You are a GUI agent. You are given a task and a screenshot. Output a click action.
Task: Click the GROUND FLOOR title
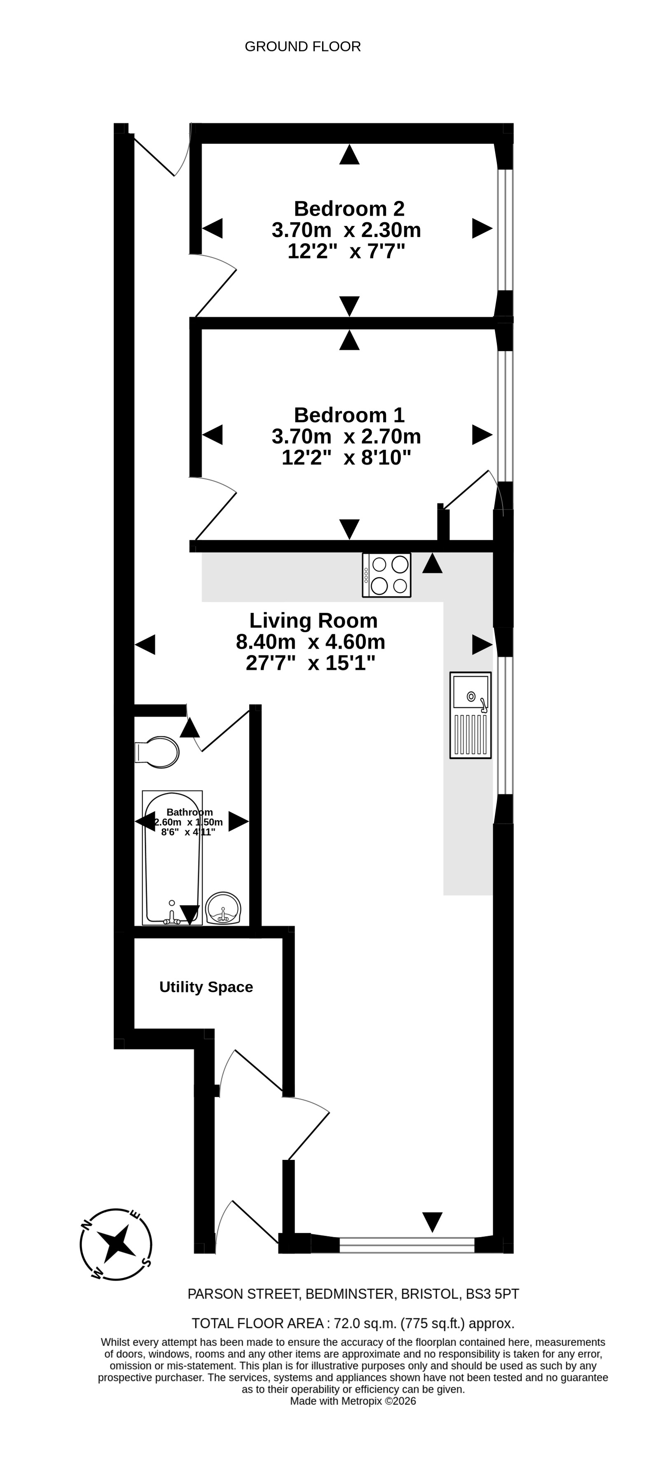[x=302, y=47]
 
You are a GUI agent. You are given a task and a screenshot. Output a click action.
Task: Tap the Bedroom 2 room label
[x=349, y=208]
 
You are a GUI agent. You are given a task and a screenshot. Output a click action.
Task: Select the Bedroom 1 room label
[x=349, y=415]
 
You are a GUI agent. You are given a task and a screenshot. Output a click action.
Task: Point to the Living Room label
[x=313, y=620]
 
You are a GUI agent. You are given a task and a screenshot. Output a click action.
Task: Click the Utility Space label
[x=206, y=987]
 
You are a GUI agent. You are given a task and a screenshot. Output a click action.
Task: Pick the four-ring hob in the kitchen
[x=386, y=575]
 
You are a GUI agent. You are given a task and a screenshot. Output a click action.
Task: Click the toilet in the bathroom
[x=157, y=752]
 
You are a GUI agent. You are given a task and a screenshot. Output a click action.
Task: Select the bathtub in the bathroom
[x=172, y=857]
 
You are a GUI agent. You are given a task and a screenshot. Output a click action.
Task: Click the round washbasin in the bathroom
[x=223, y=908]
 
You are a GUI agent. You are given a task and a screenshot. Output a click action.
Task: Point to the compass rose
[x=116, y=1244]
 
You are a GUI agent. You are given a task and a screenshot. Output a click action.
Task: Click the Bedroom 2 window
[x=505, y=230]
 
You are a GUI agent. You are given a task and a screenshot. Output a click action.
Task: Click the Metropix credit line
[x=353, y=1401]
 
